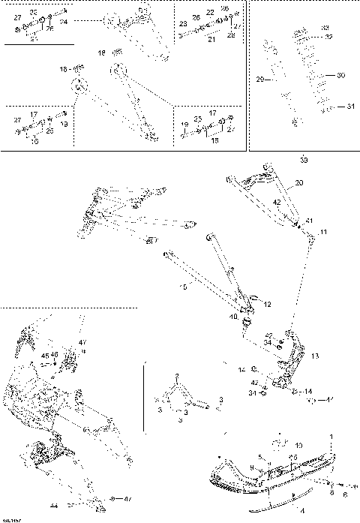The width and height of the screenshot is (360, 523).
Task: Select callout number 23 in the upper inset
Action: pyautogui.click(x=182, y=25)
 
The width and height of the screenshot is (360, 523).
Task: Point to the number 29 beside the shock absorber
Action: pyautogui.click(x=260, y=78)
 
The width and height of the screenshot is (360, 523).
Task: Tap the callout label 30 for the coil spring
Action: pyautogui.click(x=341, y=76)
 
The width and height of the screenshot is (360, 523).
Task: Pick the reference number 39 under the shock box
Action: pyautogui.click(x=303, y=160)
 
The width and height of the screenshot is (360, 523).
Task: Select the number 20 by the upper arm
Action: pyautogui.click(x=299, y=182)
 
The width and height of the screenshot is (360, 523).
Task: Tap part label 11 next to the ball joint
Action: pyautogui.click(x=323, y=233)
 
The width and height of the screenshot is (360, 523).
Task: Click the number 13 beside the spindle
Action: pyautogui.click(x=315, y=356)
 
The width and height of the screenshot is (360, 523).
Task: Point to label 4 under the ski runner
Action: pyautogui.click(x=280, y=510)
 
